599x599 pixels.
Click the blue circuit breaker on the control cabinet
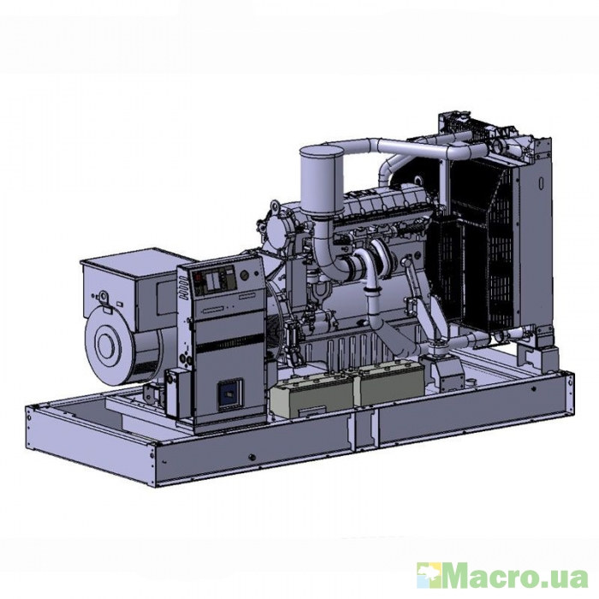[229, 395]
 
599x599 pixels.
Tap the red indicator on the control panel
[198, 277]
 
